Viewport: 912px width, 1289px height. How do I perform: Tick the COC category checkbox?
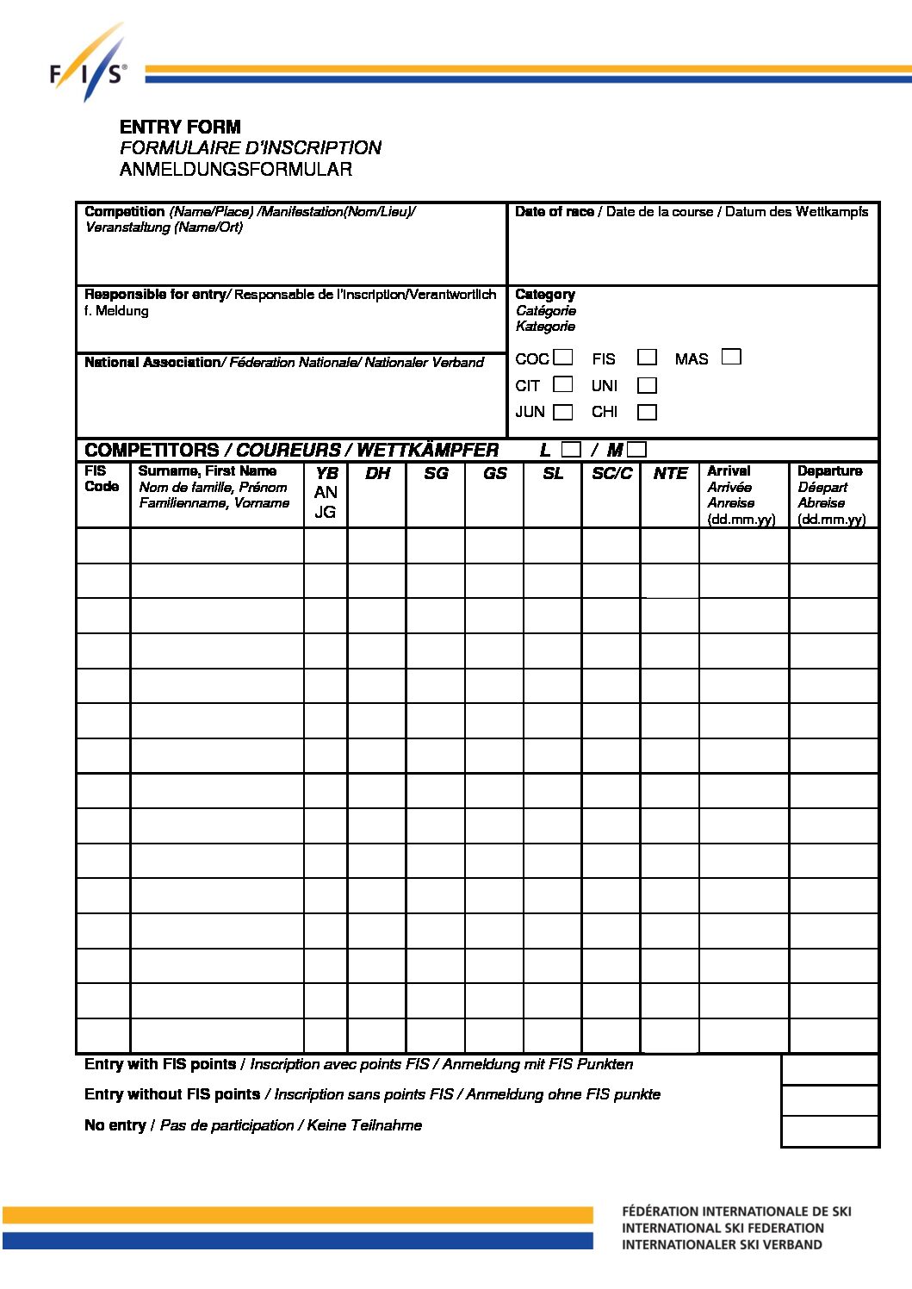coord(563,357)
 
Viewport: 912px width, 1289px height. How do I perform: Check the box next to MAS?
coord(731,356)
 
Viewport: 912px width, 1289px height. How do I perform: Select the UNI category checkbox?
coord(647,385)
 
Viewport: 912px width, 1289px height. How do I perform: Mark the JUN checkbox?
coord(563,412)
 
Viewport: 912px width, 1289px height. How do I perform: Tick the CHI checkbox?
coord(647,412)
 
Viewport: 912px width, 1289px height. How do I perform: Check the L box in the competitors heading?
coord(571,449)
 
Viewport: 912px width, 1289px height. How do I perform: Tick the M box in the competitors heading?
coord(637,449)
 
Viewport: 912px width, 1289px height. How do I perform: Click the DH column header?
coord(377,474)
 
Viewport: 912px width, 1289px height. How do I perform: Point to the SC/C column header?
coord(611,474)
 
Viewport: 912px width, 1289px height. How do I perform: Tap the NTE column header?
coord(670,474)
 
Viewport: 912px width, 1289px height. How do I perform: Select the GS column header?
coord(494,474)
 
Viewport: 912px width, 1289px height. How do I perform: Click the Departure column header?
coord(829,471)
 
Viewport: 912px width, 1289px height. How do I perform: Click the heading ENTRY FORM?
coord(180,127)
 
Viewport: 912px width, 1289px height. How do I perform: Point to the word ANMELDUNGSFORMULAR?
coord(236,169)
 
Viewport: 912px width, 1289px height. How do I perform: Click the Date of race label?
coord(555,212)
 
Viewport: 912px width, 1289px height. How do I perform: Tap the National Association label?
coord(152,363)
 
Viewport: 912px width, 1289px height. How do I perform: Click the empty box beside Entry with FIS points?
coord(829,1069)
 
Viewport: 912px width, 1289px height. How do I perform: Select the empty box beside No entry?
coord(829,1131)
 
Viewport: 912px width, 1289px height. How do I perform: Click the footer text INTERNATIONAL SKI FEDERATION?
coord(723,1228)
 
